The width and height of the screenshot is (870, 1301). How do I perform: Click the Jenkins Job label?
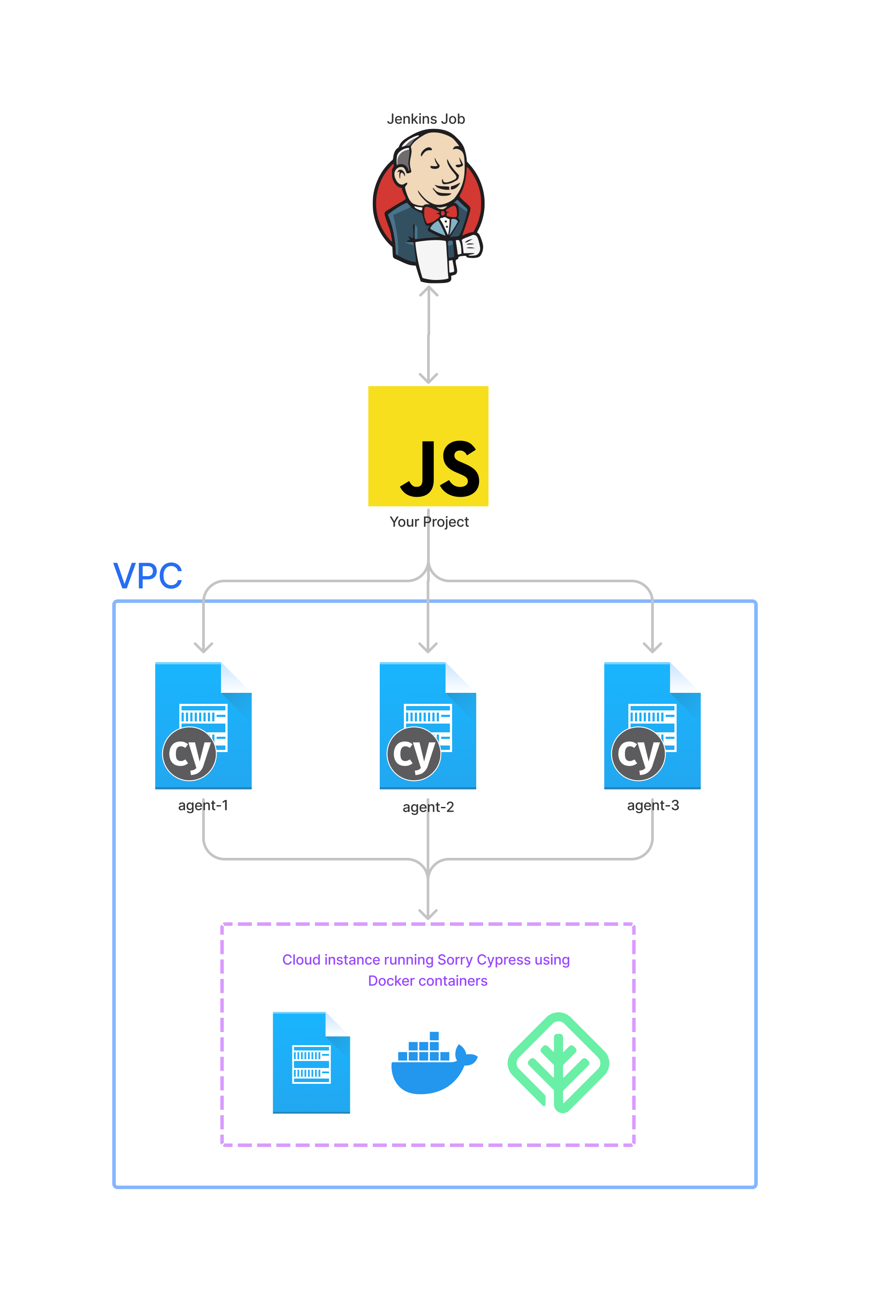(425, 119)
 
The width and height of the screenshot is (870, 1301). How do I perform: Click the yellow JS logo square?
(428, 446)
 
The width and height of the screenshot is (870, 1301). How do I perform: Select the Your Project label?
(429, 522)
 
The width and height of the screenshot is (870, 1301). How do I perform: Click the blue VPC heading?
(148, 576)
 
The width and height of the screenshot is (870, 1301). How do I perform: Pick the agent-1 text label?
(203, 805)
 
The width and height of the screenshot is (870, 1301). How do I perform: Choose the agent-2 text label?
(428, 807)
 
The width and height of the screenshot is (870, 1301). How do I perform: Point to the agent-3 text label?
(653, 805)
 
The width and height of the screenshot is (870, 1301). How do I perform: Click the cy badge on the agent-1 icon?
(189, 754)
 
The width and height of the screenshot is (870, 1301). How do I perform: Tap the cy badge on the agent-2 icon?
(414, 754)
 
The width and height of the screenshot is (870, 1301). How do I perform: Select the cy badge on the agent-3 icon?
(638, 754)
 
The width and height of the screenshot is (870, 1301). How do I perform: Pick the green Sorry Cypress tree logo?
(558, 1062)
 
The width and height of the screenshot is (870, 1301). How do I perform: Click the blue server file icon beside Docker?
(311, 1062)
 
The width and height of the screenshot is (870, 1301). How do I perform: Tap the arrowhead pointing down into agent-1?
(203, 648)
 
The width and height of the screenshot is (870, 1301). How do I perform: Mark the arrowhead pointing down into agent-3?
(652, 648)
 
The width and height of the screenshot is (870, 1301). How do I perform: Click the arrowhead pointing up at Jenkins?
(428, 291)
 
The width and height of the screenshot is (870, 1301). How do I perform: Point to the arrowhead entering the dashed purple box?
(428, 914)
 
